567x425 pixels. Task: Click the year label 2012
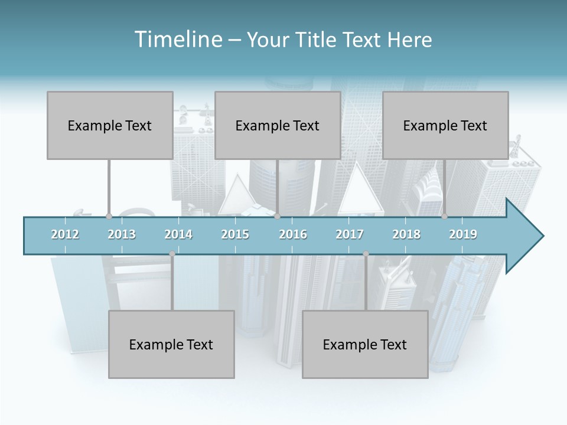[65, 234]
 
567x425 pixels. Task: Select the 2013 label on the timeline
[122, 234]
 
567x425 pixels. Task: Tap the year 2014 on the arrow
[178, 234]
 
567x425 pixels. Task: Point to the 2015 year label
[235, 234]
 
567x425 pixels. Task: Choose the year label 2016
[293, 234]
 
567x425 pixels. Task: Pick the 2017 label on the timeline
[350, 234]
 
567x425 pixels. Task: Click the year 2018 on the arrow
[406, 234]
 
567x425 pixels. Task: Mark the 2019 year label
[463, 234]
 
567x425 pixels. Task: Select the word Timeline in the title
[177, 40]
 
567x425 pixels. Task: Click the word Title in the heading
[317, 40]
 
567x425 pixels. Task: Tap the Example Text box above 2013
[110, 125]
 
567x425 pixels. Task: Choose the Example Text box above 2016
[278, 125]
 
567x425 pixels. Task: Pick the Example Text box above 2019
[445, 125]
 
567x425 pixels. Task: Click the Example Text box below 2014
[171, 344]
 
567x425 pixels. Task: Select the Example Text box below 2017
[365, 344]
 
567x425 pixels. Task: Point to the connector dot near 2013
[109, 217]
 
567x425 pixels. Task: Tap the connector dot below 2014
[172, 254]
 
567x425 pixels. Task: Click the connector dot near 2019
[444, 217]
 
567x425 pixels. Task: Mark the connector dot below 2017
[366, 254]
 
